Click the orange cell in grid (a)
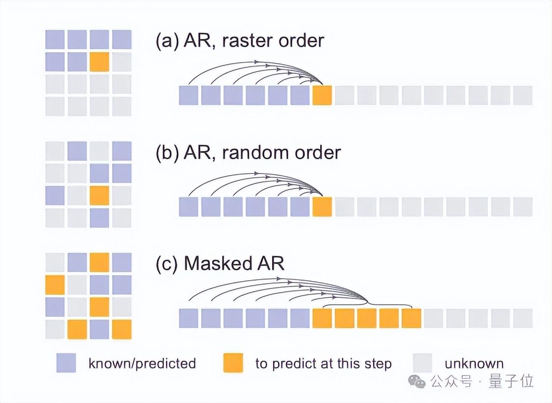tap(99, 62)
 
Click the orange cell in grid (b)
tap(99, 195)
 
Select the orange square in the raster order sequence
tap(322, 95)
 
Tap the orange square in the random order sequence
tap(322, 207)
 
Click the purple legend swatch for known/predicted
tap(66, 363)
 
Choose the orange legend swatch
tap(233, 363)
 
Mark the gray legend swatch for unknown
tap(422, 363)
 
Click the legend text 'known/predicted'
tap(142, 364)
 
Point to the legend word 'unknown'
tap(474, 364)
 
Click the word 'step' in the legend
tap(378, 364)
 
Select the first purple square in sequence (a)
tap(189, 95)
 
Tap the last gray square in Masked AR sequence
tap(523, 318)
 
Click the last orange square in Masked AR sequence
tap(411, 318)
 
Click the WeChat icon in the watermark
tap(418, 381)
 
